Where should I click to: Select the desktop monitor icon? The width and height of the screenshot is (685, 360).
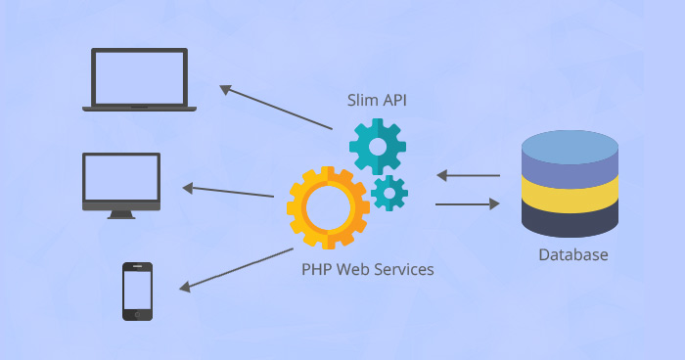(x=121, y=183)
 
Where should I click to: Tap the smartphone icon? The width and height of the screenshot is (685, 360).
(x=137, y=291)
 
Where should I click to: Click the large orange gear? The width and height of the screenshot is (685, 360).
(x=328, y=207)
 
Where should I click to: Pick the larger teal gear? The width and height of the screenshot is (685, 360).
(x=378, y=146)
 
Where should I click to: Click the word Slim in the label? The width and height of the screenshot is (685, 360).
(x=363, y=100)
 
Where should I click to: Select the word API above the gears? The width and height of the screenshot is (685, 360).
(x=396, y=100)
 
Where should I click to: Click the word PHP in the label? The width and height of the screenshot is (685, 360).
(x=316, y=268)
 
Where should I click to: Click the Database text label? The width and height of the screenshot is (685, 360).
(x=572, y=255)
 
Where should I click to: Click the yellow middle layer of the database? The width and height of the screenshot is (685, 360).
(x=571, y=194)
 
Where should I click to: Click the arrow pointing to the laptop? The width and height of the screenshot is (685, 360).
(x=276, y=109)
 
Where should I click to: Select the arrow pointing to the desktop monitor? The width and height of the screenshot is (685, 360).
(x=228, y=191)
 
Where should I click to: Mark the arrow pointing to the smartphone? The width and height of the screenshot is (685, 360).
(x=236, y=269)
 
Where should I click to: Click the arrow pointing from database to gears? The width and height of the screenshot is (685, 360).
(x=468, y=176)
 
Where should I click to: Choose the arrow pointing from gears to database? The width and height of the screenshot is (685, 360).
(x=468, y=204)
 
